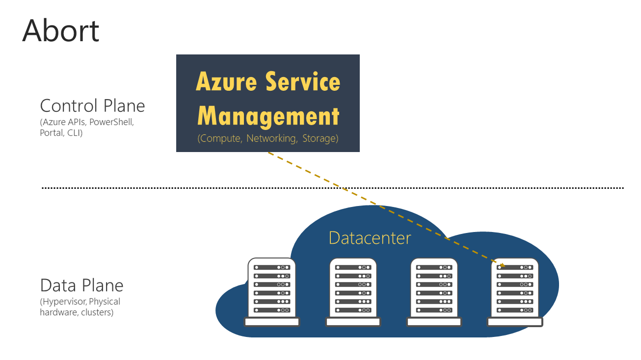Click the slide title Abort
[61, 30]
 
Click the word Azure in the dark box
[226, 81]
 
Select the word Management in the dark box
[268, 116]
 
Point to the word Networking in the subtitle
[271, 138]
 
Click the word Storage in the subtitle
[320, 138]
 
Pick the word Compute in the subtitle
[220, 138]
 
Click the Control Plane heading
[92, 106]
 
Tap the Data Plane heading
[81, 285]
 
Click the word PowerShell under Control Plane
[111, 122]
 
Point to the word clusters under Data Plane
[97, 312]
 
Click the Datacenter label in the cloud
[370, 238]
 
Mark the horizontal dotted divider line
[332, 187]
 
